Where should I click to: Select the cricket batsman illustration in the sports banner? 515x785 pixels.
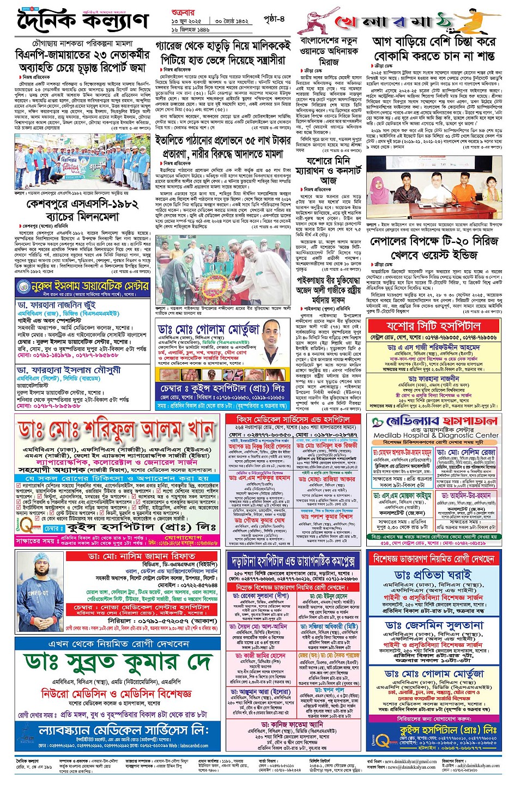[x=321, y=22]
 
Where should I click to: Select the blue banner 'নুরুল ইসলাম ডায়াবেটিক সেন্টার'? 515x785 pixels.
[x=82, y=286]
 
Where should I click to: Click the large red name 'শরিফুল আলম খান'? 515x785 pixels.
[x=117, y=431]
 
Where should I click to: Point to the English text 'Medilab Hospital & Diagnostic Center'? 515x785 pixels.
[x=436, y=435]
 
